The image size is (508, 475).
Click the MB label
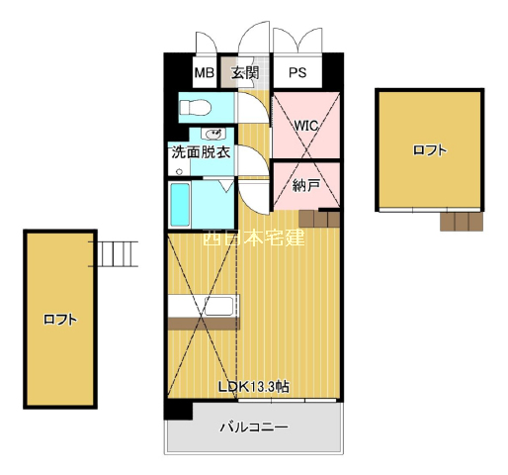[205, 72]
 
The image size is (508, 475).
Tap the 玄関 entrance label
[245, 72]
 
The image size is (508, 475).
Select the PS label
[297, 72]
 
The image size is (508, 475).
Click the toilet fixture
[195, 108]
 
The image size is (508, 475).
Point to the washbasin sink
[214, 135]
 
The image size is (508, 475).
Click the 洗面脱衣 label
[201, 152]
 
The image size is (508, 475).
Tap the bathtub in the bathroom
[180, 205]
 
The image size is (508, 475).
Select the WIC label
[306, 126]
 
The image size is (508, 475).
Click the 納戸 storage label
[306, 186]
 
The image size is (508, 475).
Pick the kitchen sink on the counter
[219, 307]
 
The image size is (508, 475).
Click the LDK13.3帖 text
[254, 387]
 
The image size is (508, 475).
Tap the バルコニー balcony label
[254, 427]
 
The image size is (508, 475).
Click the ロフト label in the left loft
[60, 320]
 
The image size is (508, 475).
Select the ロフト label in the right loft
[430, 150]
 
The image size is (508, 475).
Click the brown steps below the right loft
[462, 222]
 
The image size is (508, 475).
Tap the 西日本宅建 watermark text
[254, 237]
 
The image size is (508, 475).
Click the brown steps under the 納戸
[319, 219]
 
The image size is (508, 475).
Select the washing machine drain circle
[179, 171]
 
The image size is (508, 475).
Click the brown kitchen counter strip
[204, 324]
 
